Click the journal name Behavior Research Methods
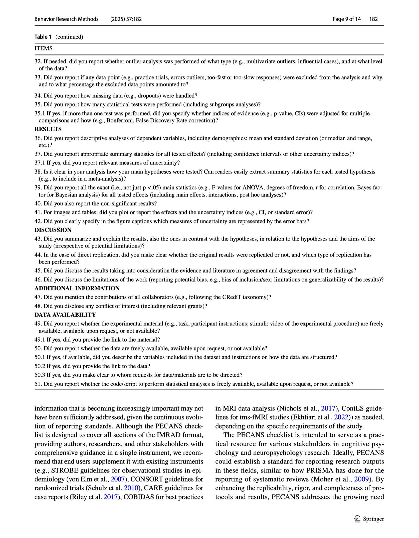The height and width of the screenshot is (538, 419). [x=66, y=19]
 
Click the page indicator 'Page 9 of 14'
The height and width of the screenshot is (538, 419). [x=346, y=19]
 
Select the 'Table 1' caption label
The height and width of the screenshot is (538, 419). [x=43, y=37]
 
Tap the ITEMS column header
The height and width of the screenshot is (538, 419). [x=44, y=48]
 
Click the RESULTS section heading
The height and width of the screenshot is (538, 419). [x=48, y=129]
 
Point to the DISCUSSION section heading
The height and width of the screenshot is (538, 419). [x=53, y=230]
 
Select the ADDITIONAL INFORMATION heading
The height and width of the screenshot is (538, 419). [x=77, y=288]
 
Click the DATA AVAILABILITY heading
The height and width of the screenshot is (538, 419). [x=65, y=315]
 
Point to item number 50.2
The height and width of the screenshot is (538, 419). [x=40, y=366]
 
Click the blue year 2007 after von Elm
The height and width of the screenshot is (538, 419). [x=118, y=479]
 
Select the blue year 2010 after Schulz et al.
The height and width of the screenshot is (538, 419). [x=131, y=488]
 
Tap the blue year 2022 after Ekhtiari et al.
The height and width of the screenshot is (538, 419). [x=341, y=417]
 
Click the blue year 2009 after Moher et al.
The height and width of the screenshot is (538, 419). [x=361, y=479]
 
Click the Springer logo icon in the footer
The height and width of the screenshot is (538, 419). [x=357, y=519]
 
